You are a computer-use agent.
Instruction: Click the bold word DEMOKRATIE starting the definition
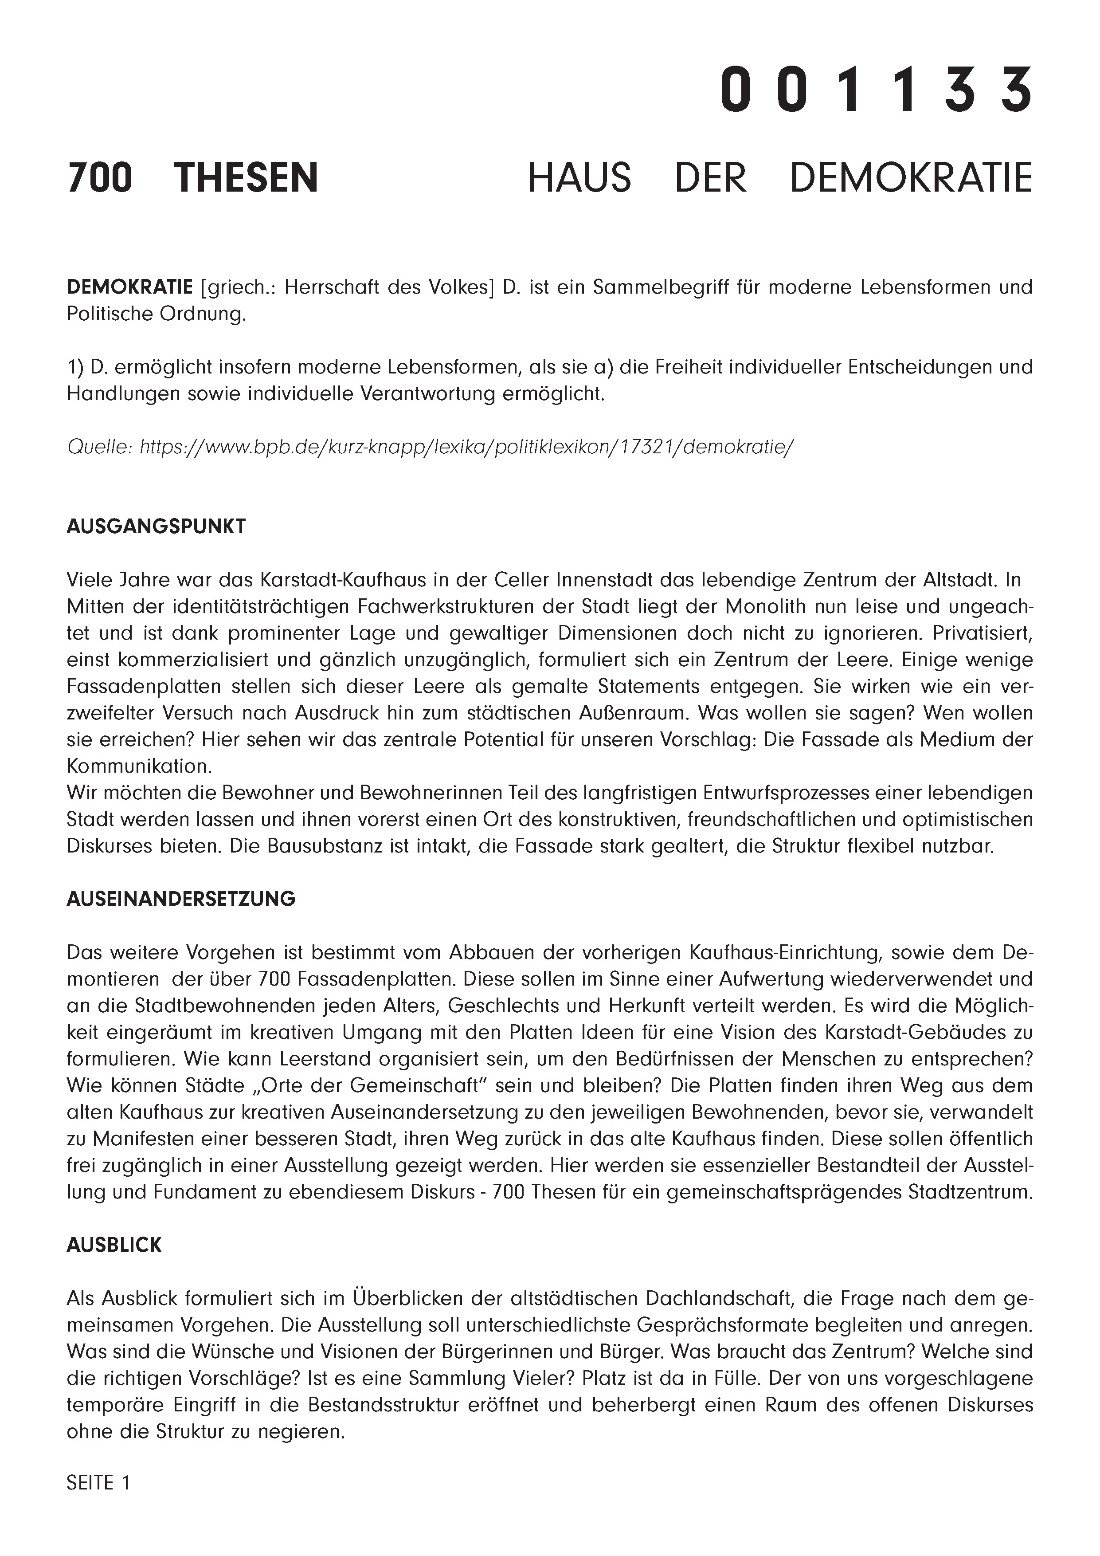(x=129, y=287)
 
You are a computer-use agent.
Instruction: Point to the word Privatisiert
(x=982, y=633)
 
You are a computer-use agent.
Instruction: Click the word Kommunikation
(x=139, y=766)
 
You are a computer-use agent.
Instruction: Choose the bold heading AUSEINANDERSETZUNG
(x=181, y=899)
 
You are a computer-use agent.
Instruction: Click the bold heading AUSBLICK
(x=114, y=1245)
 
